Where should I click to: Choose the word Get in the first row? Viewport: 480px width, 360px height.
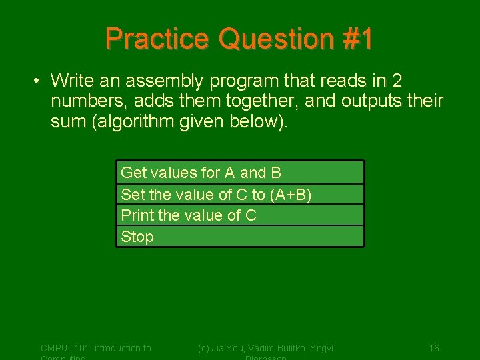133,173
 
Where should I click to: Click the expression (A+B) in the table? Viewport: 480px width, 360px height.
291,195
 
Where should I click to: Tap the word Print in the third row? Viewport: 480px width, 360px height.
137,215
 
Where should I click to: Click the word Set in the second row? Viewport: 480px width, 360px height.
132,195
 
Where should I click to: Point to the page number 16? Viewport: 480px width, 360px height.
434,348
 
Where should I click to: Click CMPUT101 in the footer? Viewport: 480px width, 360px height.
65,348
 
